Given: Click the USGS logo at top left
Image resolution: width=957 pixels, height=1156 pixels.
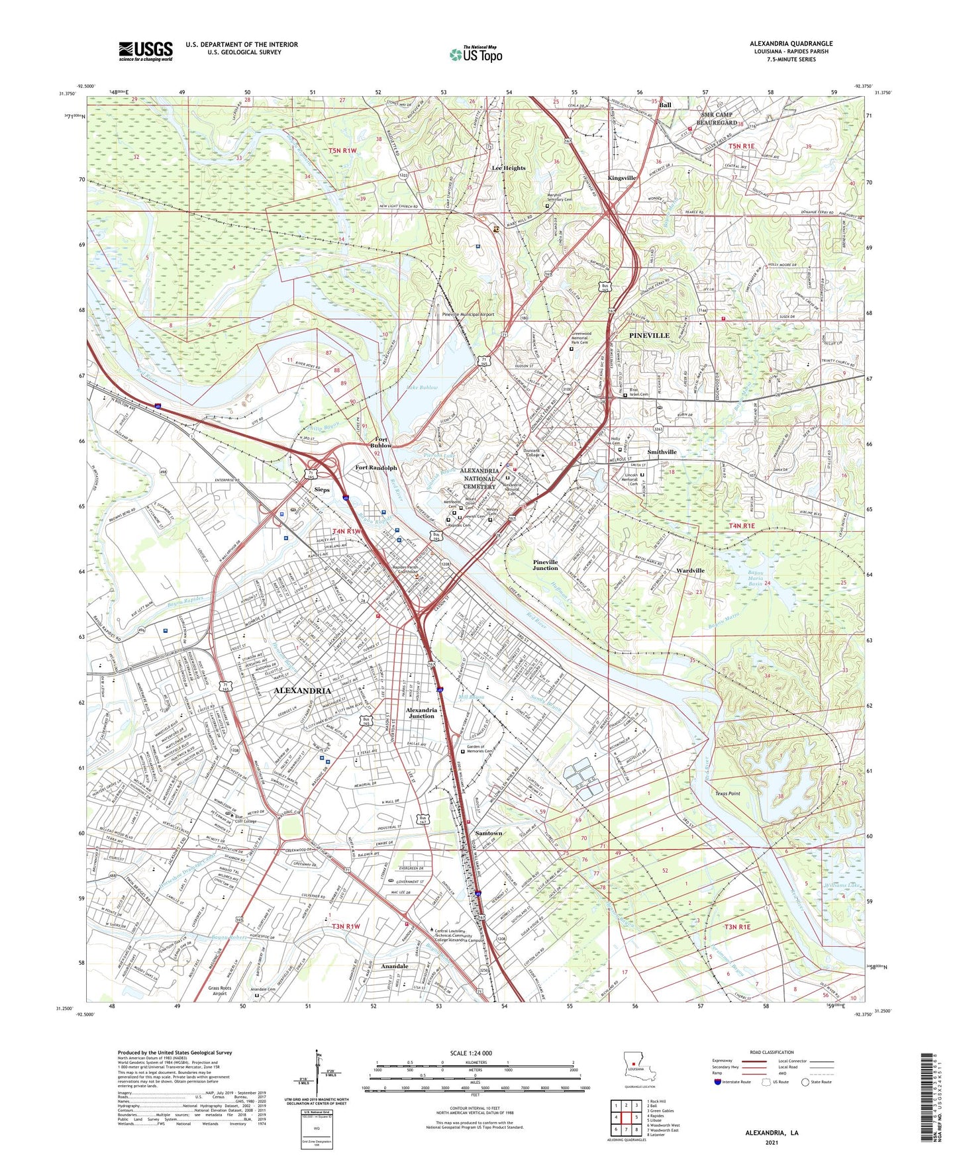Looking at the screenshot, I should click(x=146, y=51).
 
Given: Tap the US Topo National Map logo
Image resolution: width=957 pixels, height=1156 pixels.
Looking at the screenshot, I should click(x=476, y=54).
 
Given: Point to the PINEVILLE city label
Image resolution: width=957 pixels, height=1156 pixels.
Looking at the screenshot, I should click(x=648, y=336).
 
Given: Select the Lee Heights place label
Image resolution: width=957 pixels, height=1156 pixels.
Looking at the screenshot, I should click(x=508, y=168).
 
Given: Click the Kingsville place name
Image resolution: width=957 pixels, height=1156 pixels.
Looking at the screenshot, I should click(x=621, y=178).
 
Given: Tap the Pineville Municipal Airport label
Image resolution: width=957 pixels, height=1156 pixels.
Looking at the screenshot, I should click(x=468, y=315).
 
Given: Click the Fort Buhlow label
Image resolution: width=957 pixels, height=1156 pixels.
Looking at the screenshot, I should click(x=381, y=442).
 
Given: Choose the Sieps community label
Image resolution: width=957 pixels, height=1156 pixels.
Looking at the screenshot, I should click(x=321, y=489).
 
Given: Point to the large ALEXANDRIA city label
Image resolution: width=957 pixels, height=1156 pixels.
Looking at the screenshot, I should click(x=302, y=691).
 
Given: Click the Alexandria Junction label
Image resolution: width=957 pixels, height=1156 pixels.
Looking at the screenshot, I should click(x=421, y=712).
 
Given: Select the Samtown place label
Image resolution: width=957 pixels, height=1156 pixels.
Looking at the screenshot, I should click(x=489, y=833).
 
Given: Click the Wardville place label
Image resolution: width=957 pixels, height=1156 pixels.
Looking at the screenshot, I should click(x=690, y=570).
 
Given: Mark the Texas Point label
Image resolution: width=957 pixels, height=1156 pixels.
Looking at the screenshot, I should click(x=727, y=793).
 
